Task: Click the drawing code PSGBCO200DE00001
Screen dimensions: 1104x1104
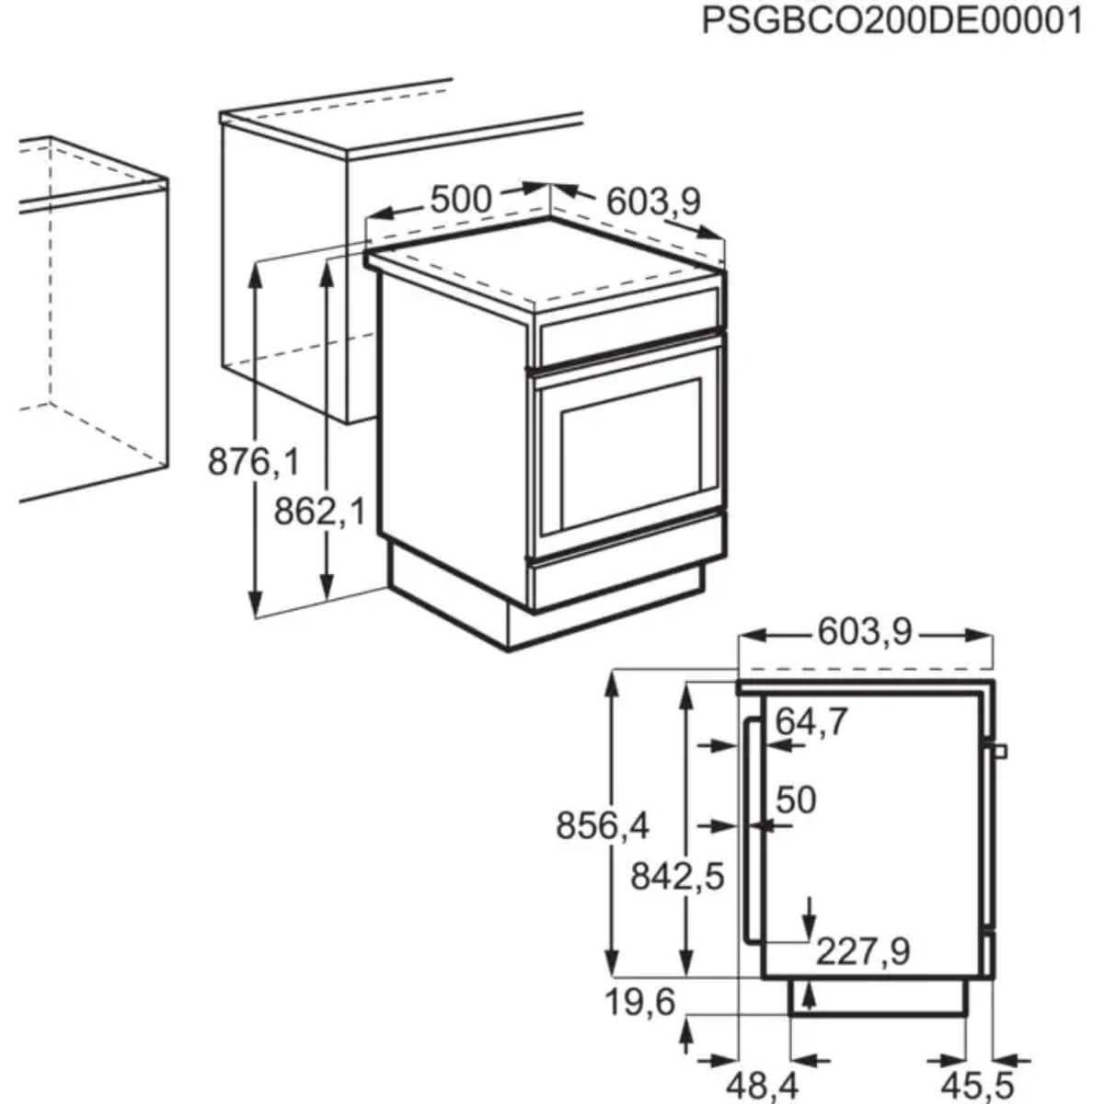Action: tap(891, 20)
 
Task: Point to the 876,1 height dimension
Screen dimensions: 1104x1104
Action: tap(253, 461)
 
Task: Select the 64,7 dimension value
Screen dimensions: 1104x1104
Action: tap(811, 722)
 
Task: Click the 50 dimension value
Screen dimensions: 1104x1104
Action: tap(796, 800)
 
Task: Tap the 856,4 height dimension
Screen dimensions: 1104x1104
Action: tap(602, 826)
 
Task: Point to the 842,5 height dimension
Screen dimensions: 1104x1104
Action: tap(677, 877)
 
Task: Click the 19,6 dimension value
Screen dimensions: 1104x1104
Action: tap(640, 1002)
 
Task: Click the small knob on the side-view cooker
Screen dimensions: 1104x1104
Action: tap(1000, 751)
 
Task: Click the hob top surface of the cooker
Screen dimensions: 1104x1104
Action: tap(543, 262)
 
